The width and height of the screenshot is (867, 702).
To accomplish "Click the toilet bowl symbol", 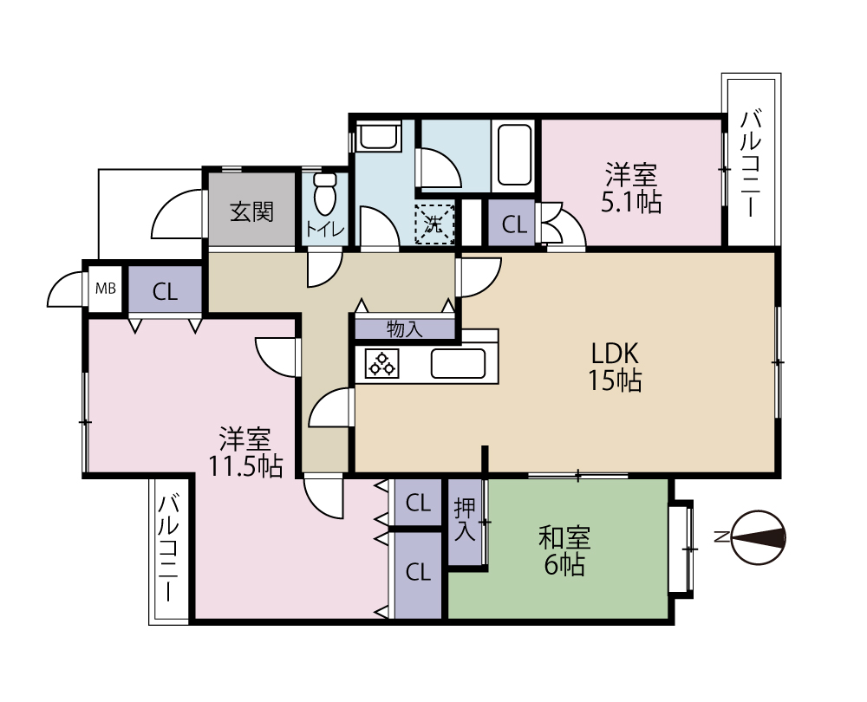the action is coord(324,193).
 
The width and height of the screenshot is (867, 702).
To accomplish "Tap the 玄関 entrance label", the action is coord(252,211).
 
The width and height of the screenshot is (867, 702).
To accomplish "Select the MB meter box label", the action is coord(106,288).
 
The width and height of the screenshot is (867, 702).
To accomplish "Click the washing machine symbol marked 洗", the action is coord(434,224).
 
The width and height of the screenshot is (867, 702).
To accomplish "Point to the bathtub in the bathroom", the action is coord(514,156).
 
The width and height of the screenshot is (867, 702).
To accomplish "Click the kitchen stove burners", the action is coord(381,364).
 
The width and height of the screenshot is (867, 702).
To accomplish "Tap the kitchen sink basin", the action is coord(459,364).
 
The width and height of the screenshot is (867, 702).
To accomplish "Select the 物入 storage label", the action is coord(405,328).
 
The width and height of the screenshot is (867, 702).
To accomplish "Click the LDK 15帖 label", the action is coord(615,366).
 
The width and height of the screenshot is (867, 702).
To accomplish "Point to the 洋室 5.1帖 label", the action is coord(631,188).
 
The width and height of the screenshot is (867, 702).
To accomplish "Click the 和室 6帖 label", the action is coord(564,550).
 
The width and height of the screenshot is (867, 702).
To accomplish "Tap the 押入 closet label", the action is coord(465,521).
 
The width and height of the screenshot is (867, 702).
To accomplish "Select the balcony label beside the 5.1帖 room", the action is coord(751,164).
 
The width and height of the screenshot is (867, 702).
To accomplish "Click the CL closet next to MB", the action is coord(165,291).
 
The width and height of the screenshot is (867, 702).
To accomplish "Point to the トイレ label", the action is coord(325,230).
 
